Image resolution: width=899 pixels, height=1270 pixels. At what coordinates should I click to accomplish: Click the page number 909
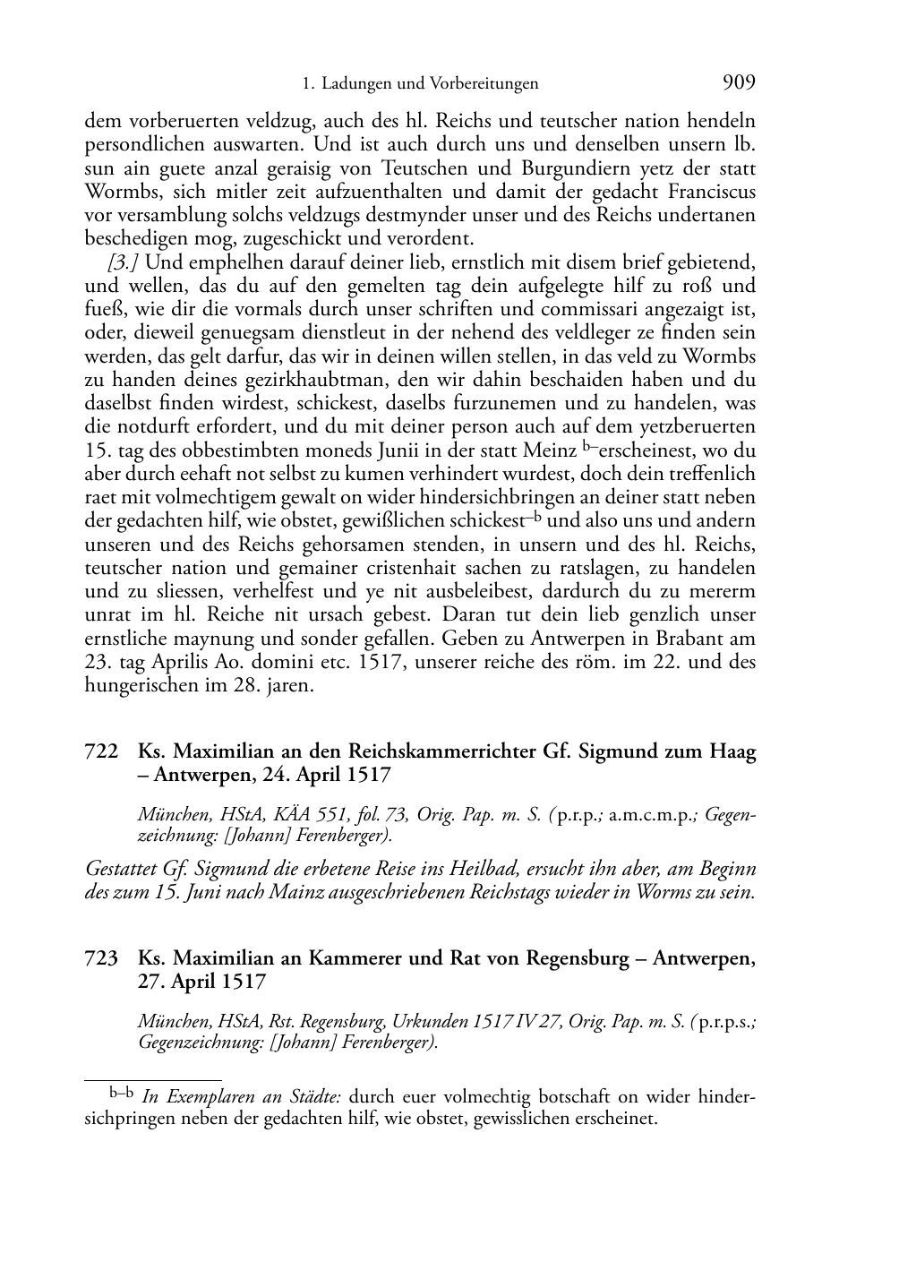pyautogui.click(x=739, y=83)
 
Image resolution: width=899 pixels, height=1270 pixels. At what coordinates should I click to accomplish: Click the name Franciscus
pyautogui.click(x=704, y=192)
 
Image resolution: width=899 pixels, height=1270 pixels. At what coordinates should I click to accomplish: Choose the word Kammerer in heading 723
pyautogui.click(x=355, y=958)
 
